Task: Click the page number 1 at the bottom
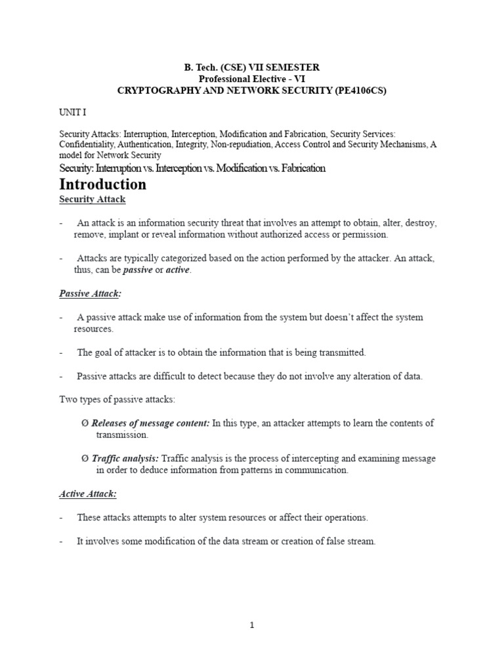point(251,625)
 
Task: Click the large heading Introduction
point(103,184)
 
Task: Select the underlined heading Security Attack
point(93,199)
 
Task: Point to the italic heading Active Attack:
point(88,493)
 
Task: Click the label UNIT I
point(73,112)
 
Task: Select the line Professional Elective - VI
point(251,79)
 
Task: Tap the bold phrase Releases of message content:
point(151,423)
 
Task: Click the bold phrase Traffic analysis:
point(125,458)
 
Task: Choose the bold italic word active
point(178,270)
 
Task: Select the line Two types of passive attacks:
point(117,400)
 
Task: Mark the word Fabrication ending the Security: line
point(299,168)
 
